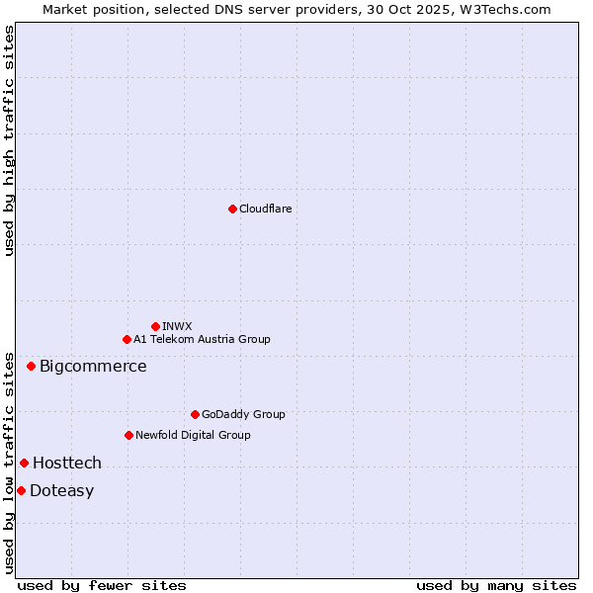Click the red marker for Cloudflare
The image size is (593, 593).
(x=232, y=209)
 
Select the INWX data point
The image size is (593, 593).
(x=156, y=326)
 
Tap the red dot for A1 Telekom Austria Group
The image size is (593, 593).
(x=127, y=339)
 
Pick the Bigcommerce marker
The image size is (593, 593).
(x=31, y=366)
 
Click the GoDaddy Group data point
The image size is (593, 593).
(x=195, y=414)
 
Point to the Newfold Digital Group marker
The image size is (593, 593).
(x=128, y=435)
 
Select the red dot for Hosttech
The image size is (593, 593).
(x=24, y=463)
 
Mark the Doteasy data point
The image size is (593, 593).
(x=21, y=490)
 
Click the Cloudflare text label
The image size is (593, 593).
(x=265, y=209)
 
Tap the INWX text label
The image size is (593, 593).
(x=177, y=326)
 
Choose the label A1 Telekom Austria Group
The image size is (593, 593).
(x=202, y=339)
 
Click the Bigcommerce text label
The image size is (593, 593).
(x=93, y=367)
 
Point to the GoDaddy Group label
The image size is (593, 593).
(x=243, y=414)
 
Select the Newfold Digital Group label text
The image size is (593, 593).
(x=193, y=435)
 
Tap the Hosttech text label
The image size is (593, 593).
(x=67, y=463)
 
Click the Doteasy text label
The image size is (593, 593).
(x=61, y=491)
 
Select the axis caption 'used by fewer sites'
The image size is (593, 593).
(x=102, y=585)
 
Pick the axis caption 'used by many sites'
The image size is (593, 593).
(x=496, y=585)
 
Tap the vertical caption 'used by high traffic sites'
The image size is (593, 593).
(x=9, y=140)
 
